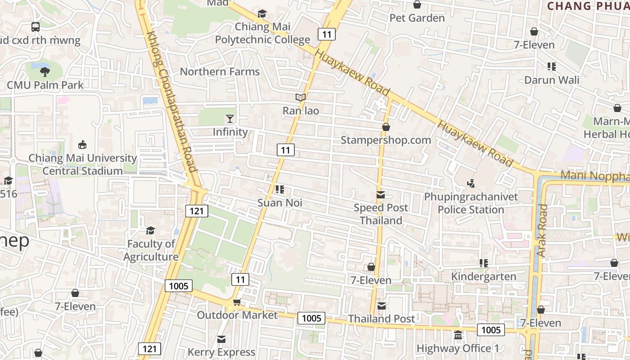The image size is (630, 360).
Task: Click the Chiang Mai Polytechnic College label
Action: click(x=262, y=33)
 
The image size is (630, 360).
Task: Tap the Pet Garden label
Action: click(x=417, y=18)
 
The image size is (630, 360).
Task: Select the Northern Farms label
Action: click(x=220, y=72)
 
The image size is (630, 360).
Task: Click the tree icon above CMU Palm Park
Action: click(x=45, y=71)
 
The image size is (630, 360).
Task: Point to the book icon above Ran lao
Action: click(x=301, y=97)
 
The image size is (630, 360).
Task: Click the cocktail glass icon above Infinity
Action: click(x=230, y=118)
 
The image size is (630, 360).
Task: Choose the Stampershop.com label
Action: click(x=386, y=140)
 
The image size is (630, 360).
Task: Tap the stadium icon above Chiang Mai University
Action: click(x=82, y=145)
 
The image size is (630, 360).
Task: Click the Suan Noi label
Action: click(x=279, y=203)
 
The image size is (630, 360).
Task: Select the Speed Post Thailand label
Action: click(x=381, y=214)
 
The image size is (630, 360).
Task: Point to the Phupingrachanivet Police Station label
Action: click(x=471, y=203)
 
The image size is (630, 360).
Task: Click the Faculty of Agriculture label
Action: click(x=151, y=250)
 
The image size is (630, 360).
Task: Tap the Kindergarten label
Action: click(x=483, y=276)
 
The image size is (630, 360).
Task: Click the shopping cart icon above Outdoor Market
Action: click(x=237, y=302)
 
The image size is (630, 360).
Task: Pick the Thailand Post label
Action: click(x=381, y=319)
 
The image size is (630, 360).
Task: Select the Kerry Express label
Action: click(x=221, y=352)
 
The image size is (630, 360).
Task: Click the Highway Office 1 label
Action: click(x=458, y=348)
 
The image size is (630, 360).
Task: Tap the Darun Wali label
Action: click(x=552, y=80)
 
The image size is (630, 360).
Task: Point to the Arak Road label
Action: click(x=542, y=230)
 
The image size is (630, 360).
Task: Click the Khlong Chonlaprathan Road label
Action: click(x=172, y=102)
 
